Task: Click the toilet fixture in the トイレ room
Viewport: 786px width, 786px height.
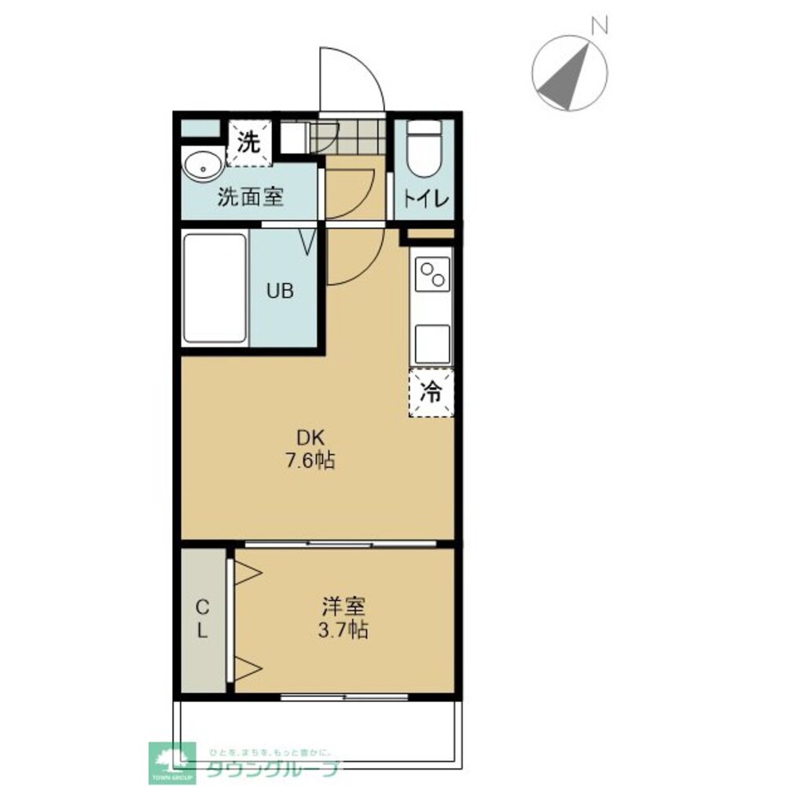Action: point(424,149)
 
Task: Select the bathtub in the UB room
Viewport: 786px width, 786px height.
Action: point(215,288)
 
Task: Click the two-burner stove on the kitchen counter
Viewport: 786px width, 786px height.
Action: point(432,274)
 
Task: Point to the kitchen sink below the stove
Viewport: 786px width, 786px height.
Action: point(432,344)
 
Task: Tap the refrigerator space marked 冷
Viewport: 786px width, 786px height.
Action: point(431,392)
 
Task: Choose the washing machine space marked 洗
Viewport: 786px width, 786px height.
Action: point(249,142)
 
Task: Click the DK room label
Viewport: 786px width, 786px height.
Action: point(310,438)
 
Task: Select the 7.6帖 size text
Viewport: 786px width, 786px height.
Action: point(310,460)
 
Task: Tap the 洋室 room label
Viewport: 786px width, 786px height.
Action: point(343,607)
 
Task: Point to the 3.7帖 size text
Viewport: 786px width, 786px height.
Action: point(343,629)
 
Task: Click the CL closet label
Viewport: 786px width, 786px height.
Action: point(202,619)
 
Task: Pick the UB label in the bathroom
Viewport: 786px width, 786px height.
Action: point(281,291)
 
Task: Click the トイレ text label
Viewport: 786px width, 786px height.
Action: point(425,200)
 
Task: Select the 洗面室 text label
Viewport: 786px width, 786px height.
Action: point(251,197)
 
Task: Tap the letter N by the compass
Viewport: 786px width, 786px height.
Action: point(600,25)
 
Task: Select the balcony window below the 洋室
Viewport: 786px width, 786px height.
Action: point(344,696)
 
